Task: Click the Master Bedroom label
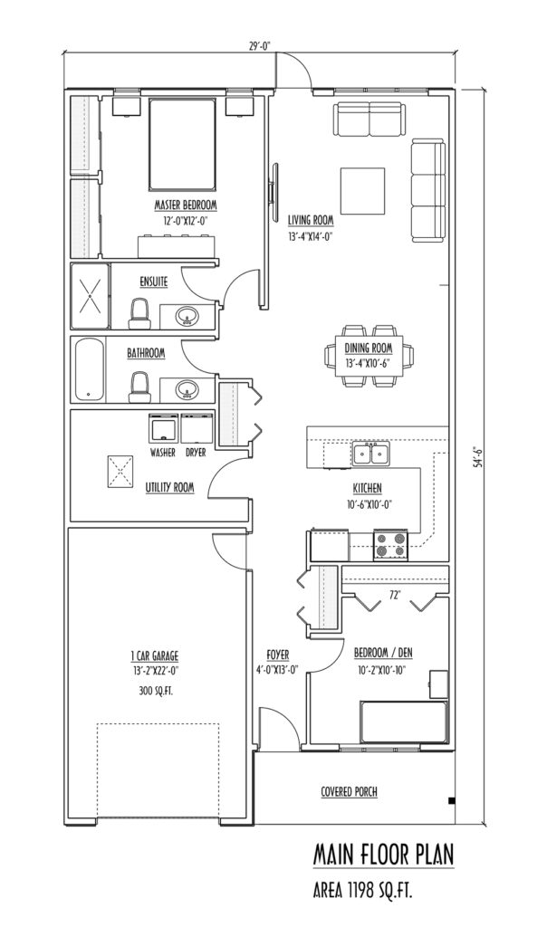(x=185, y=205)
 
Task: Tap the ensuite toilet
(x=139, y=314)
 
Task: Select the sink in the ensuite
(x=187, y=317)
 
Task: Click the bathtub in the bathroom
(x=90, y=370)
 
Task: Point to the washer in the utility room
(x=163, y=427)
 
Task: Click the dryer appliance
(x=197, y=427)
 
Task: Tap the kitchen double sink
(x=370, y=454)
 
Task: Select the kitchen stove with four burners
(x=390, y=544)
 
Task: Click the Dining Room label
(x=369, y=349)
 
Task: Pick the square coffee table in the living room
(x=362, y=191)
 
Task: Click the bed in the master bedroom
(x=181, y=144)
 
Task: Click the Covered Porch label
(x=349, y=791)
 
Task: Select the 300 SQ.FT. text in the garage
(x=152, y=691)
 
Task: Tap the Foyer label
(x=277, y=655)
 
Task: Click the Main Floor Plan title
(x=383, y=855)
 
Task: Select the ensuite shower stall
(x=91, y=296)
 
